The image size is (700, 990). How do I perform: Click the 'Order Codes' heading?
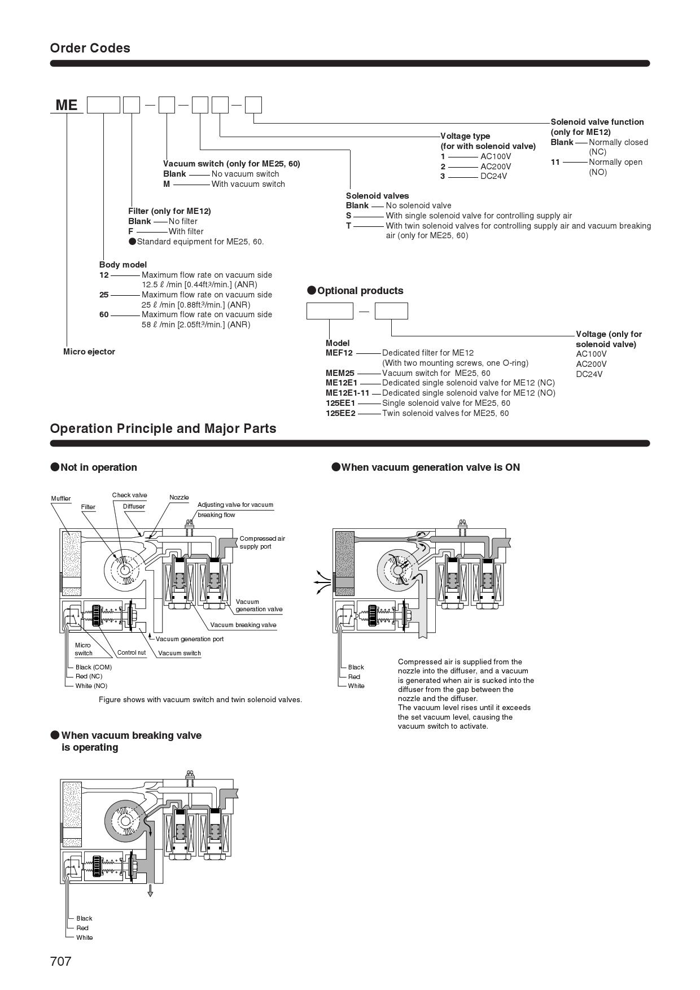[90, 48]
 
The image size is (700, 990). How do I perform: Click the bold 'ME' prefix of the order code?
[67, 105]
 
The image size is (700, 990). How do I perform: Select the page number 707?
[61, 961]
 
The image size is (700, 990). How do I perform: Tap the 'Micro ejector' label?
[89, 352]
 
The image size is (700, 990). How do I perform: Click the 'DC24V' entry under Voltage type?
[493, 176]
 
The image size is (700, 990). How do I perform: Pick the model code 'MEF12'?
[339, 353]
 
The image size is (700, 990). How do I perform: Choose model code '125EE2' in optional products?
[340, 413]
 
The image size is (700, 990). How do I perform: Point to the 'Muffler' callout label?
[61, 498]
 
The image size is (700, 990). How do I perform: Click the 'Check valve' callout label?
[129, 495]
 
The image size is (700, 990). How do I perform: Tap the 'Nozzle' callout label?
[179, 497]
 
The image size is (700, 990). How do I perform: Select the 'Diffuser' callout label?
[134, 506]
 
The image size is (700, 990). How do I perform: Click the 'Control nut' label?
[132, 652]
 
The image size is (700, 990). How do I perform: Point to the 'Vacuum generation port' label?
[190, 639]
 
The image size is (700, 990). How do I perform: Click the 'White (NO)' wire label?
[91, 686]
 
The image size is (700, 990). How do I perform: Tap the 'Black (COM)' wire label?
[94, 667]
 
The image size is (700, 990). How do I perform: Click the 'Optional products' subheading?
[360, 291]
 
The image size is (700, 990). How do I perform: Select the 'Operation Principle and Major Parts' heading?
[163, 428]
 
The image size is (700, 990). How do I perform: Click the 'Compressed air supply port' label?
[262, 542]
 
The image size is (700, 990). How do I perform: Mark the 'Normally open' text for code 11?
[615, 162]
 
